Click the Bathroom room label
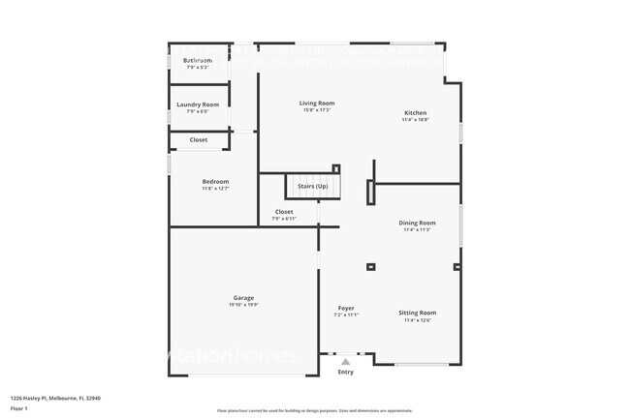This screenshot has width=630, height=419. (198, 60)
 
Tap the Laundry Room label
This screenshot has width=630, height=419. (198, 105)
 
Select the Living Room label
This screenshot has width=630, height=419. (317, 104)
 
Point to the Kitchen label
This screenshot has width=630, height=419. (415, 113)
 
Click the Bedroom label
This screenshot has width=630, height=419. (215, 182)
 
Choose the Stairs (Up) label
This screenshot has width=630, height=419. (312, 186)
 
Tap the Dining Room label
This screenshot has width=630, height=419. (418, 223)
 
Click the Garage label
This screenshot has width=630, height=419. (243, 298)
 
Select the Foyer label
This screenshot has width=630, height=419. (346, 308)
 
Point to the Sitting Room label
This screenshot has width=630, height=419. (418, 313)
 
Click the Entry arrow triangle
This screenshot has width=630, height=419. (346, 362)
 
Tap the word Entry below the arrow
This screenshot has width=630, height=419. (346, 373)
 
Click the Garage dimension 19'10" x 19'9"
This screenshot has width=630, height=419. (243, 305)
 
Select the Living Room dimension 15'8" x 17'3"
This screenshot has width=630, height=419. (317, 110)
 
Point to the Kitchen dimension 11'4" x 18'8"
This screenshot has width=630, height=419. (415, 120)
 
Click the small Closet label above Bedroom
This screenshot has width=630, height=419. (198, 139)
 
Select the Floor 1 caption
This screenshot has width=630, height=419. (19, 407)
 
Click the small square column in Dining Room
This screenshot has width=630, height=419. (369, 267)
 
